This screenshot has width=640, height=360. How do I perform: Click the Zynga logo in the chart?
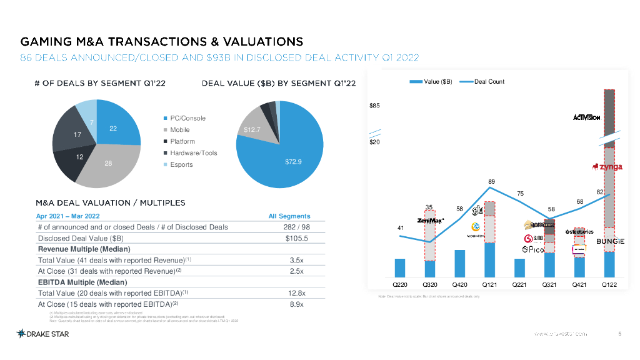pos(606,167)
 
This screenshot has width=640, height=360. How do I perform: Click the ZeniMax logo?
pos(431,220)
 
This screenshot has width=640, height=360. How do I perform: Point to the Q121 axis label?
pos(490,284)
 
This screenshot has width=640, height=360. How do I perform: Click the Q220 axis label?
pos(400,284)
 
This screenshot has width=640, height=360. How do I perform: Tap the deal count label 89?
pos(491,181)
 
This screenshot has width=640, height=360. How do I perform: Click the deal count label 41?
pos(401,228)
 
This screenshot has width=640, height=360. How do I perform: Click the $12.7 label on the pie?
pos(252,130)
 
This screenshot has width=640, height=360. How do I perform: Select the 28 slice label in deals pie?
pos(108,163)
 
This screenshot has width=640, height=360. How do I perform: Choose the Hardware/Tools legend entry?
pos(190,153)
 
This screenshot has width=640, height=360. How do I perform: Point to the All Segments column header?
pos(289,216)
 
